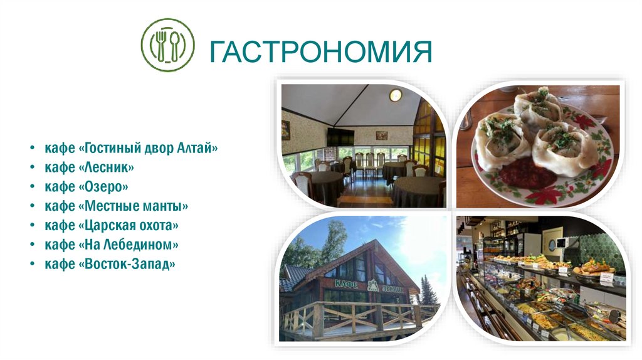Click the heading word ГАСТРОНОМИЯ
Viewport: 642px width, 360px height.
click(320, 51)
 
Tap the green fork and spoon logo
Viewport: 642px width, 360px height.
click(167, 45)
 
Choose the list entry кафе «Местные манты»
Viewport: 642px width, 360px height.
click(115, 206)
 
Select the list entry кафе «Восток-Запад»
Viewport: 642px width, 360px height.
click(110, 264)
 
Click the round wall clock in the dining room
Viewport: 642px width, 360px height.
click(395, 95)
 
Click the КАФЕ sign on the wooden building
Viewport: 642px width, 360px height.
click(345, 283)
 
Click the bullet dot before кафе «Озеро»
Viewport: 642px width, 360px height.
click(31, 187)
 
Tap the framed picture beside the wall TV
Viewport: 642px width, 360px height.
click(381, 135)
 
